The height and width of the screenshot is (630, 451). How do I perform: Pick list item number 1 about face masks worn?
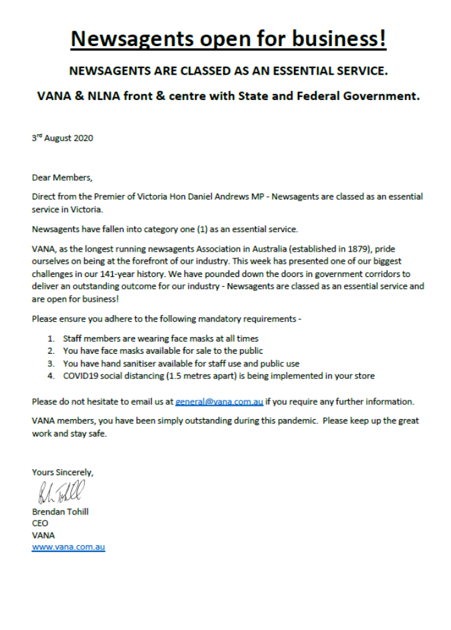point(160,339)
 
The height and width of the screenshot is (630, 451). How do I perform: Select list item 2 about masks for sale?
point(162,351)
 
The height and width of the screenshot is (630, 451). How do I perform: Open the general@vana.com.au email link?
point(219,402)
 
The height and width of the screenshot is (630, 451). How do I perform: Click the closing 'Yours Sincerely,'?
point(63,472)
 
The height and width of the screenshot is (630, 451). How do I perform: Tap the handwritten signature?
point(62,494)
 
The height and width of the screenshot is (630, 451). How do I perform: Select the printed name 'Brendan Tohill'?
point(60,512)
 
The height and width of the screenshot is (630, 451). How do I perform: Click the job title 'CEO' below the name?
point(40,523)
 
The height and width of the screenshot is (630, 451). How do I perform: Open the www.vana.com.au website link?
point(68,547)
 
